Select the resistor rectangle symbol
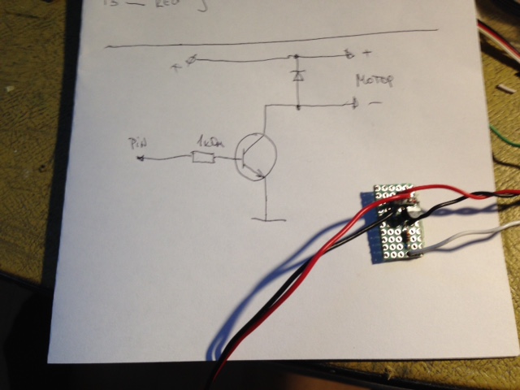pyautogui.click(x=203, y=157)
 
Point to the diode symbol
pyautogui.click(x=298, y=76)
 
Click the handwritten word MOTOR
pyautogui.click(x=374, y=80)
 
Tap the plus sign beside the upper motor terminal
pyautogui.click(x=367, y=54)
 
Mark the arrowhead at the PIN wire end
pyautogui.click(x=141, y=158)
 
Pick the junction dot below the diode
pyautogui.click(x=298, y=106)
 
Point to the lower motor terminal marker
pyautogui.click(x=354, y=104)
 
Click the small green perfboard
pyautogui.click(x=397, y=223)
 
